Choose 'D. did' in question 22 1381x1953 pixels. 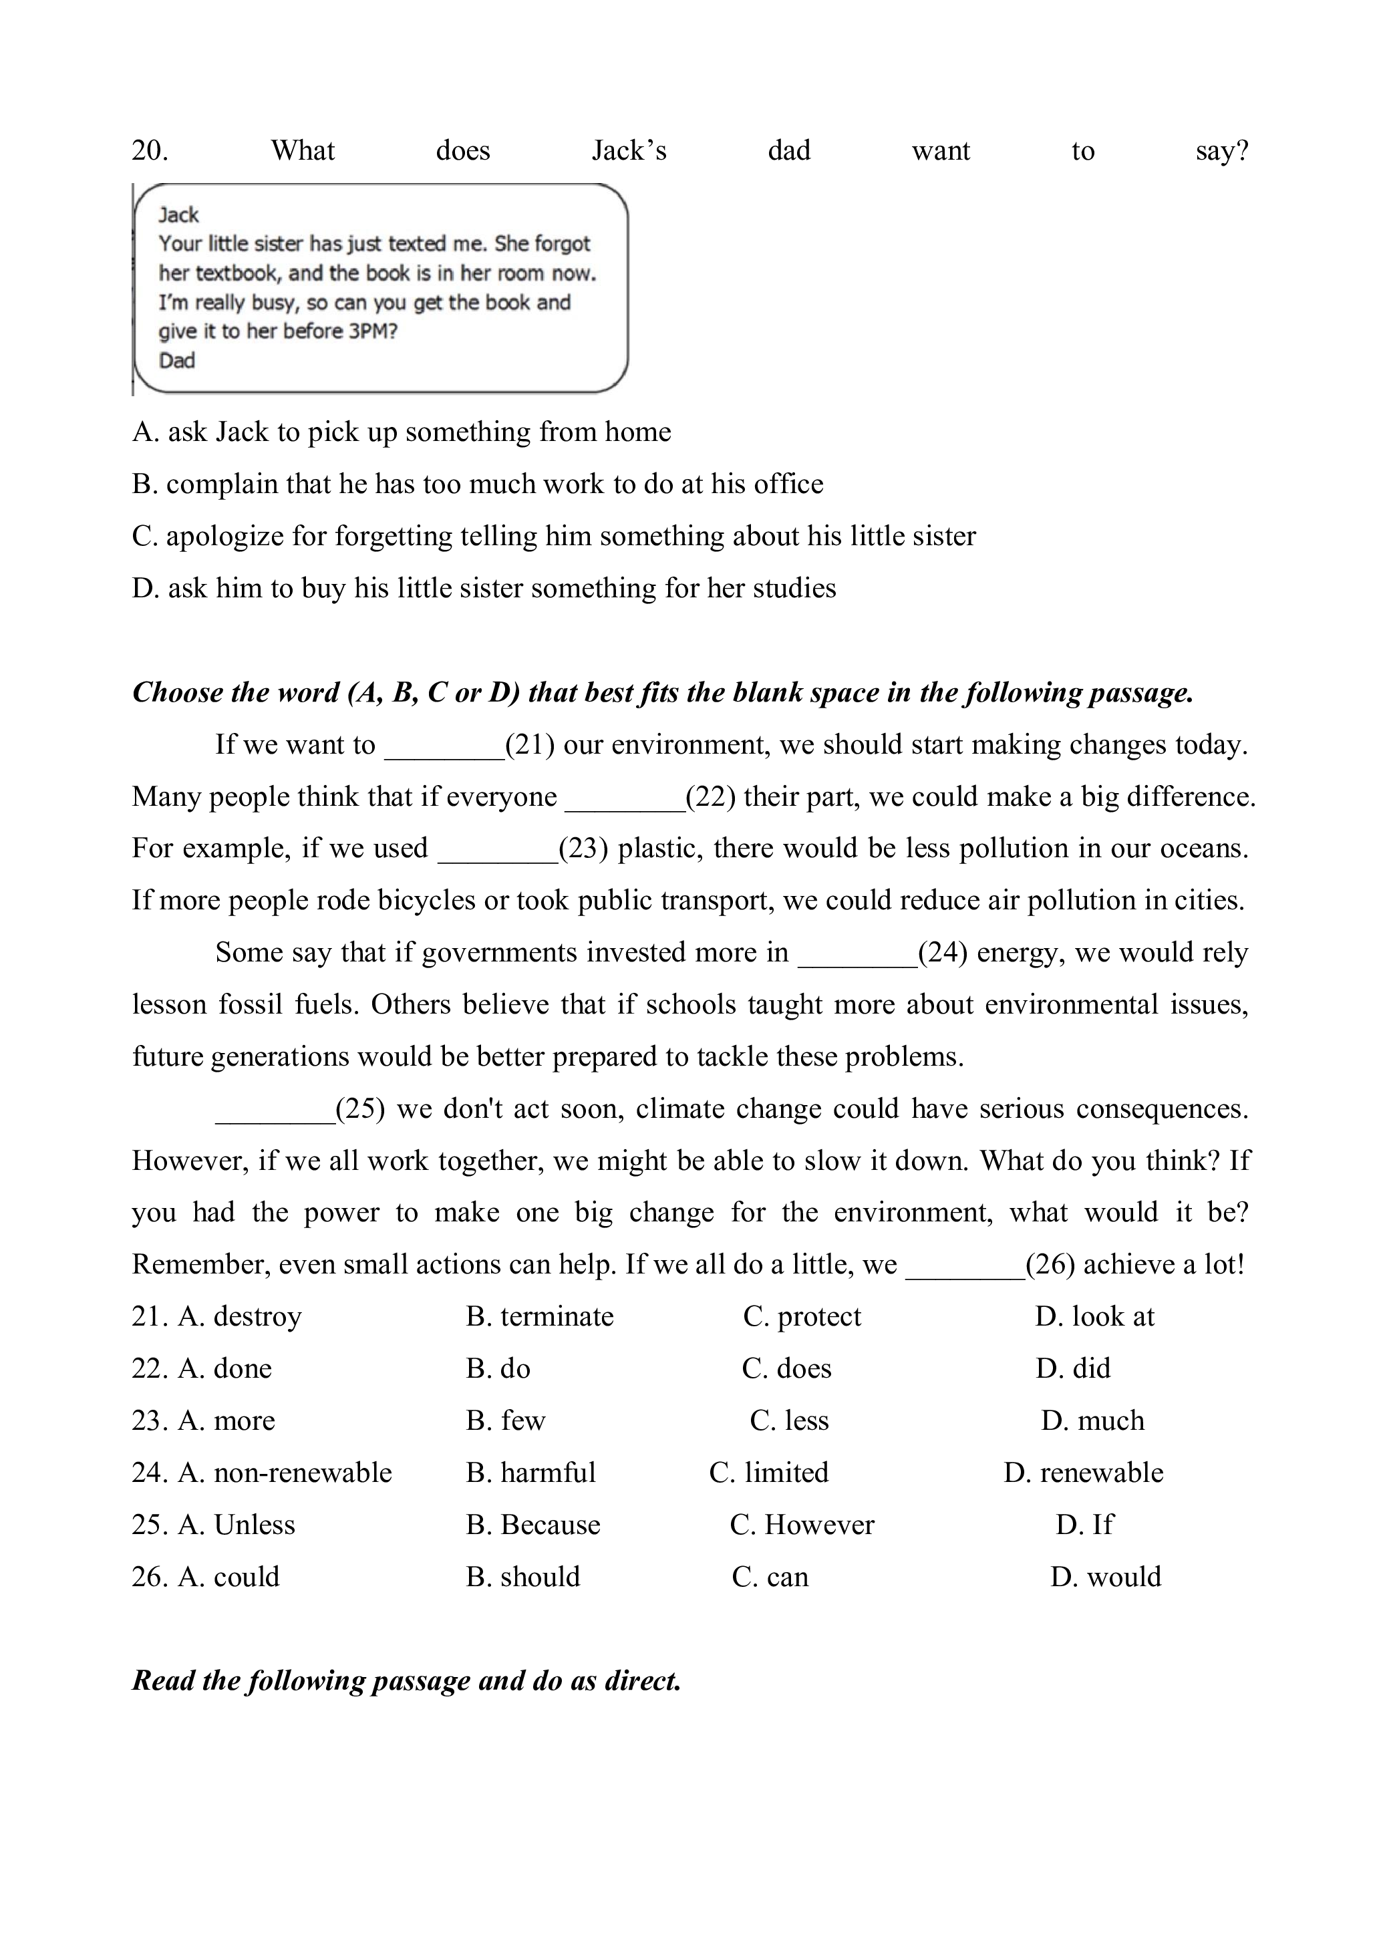click(x=1072, y=1368)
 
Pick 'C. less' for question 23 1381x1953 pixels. click(x=788, y=1420)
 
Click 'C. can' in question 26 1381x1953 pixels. click(x=770, y=1576)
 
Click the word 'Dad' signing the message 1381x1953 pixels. click(x=177, y=361)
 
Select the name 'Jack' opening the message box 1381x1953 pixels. click(x=178, y=214)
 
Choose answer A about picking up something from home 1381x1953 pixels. click(x=402, y=432)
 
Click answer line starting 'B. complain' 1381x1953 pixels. click(x=477, y=484)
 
